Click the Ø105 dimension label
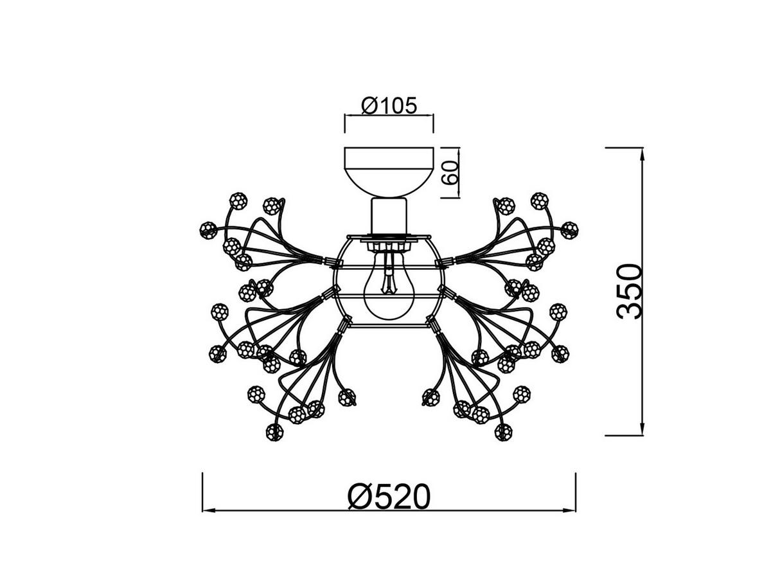coord(389,105)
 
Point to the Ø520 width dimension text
coord(389,497)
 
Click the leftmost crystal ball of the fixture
coord(208,229)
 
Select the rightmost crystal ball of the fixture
coord(569,229)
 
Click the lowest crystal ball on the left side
coord(274,432)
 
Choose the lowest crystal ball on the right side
coord(504,432)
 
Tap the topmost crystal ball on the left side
coord(238,200)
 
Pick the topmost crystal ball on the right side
coord(539,200)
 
